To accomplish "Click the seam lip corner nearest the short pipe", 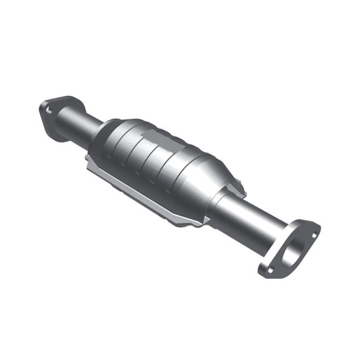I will coord(88,161).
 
